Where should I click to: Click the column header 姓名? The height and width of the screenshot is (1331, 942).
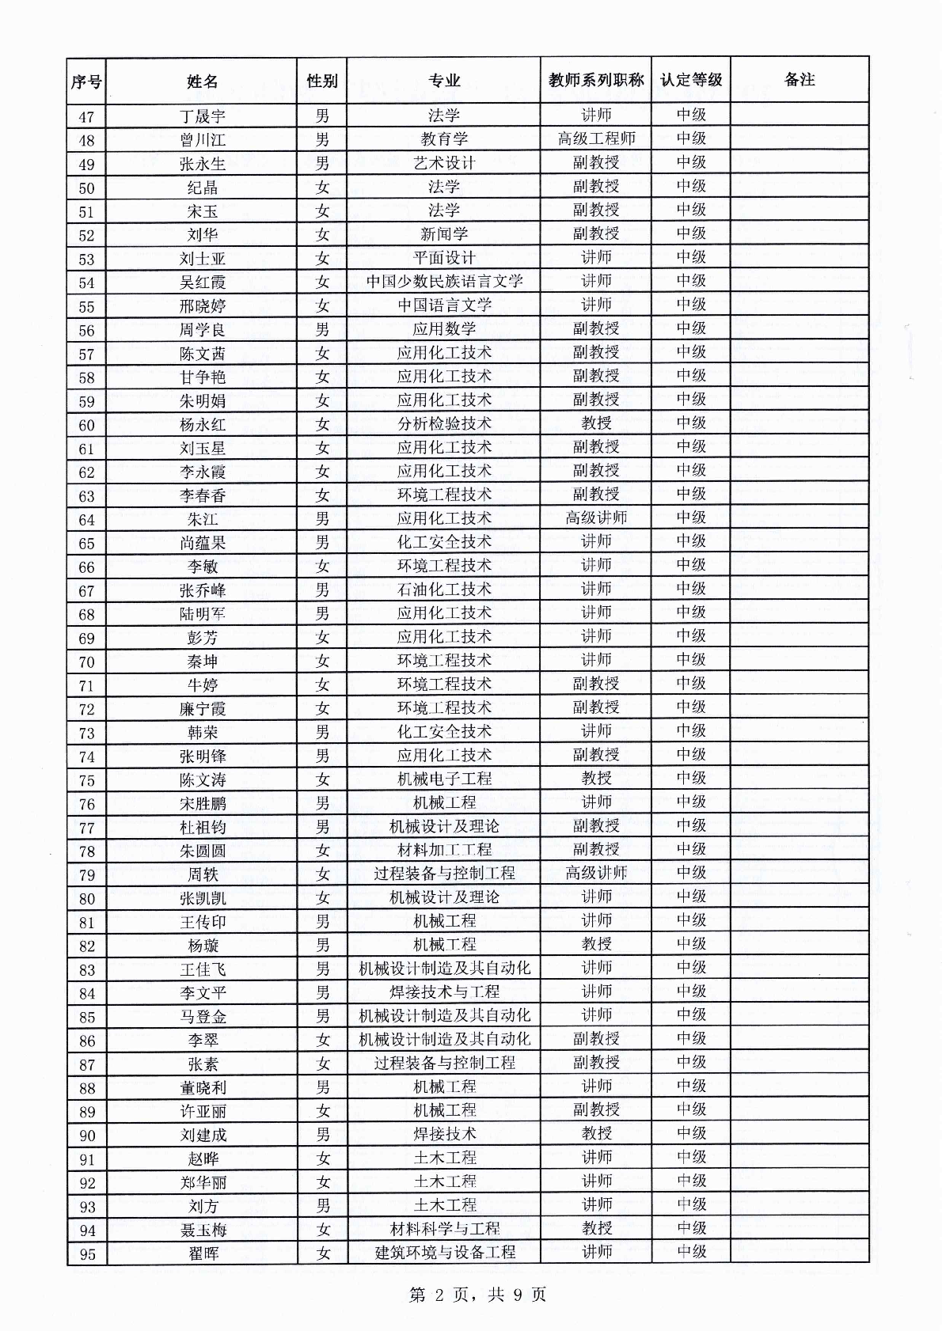tap(202, 81)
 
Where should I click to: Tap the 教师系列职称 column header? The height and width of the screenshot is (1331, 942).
tap(596, 80)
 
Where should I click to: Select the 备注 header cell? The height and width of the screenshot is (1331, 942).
tap(800, 79)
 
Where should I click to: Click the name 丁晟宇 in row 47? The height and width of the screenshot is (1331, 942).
tap(202, 116)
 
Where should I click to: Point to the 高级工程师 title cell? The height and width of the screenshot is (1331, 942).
tap(596, 139)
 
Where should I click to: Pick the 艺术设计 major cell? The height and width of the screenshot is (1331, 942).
tap(444, 163)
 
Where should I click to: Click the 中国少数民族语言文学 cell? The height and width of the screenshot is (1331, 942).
tap(444, 281)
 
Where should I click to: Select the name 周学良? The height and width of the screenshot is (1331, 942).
tap(202, 329)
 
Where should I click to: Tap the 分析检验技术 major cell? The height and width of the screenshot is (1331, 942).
tap(444, 423)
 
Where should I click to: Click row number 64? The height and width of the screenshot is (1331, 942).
tap(86, 520)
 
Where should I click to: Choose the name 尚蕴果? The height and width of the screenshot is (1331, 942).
tap(202, 543)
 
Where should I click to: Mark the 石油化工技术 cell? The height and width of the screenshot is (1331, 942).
tap(444, 590)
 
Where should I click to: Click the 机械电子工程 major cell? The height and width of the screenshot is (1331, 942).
tap(444, 779)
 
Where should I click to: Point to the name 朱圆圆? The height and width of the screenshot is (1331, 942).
tap(202, 851)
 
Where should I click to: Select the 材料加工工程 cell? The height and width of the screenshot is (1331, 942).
tap(444, 850)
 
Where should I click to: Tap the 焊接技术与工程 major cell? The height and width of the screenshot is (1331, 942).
tap(444, 992)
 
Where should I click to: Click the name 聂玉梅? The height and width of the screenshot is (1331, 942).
tap(202, 1230)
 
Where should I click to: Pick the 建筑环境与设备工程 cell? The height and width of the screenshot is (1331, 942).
tap(444, 1253)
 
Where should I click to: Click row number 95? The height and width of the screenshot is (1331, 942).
tap(86, 1254)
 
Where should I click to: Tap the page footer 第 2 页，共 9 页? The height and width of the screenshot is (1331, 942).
tap(477, 1295)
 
